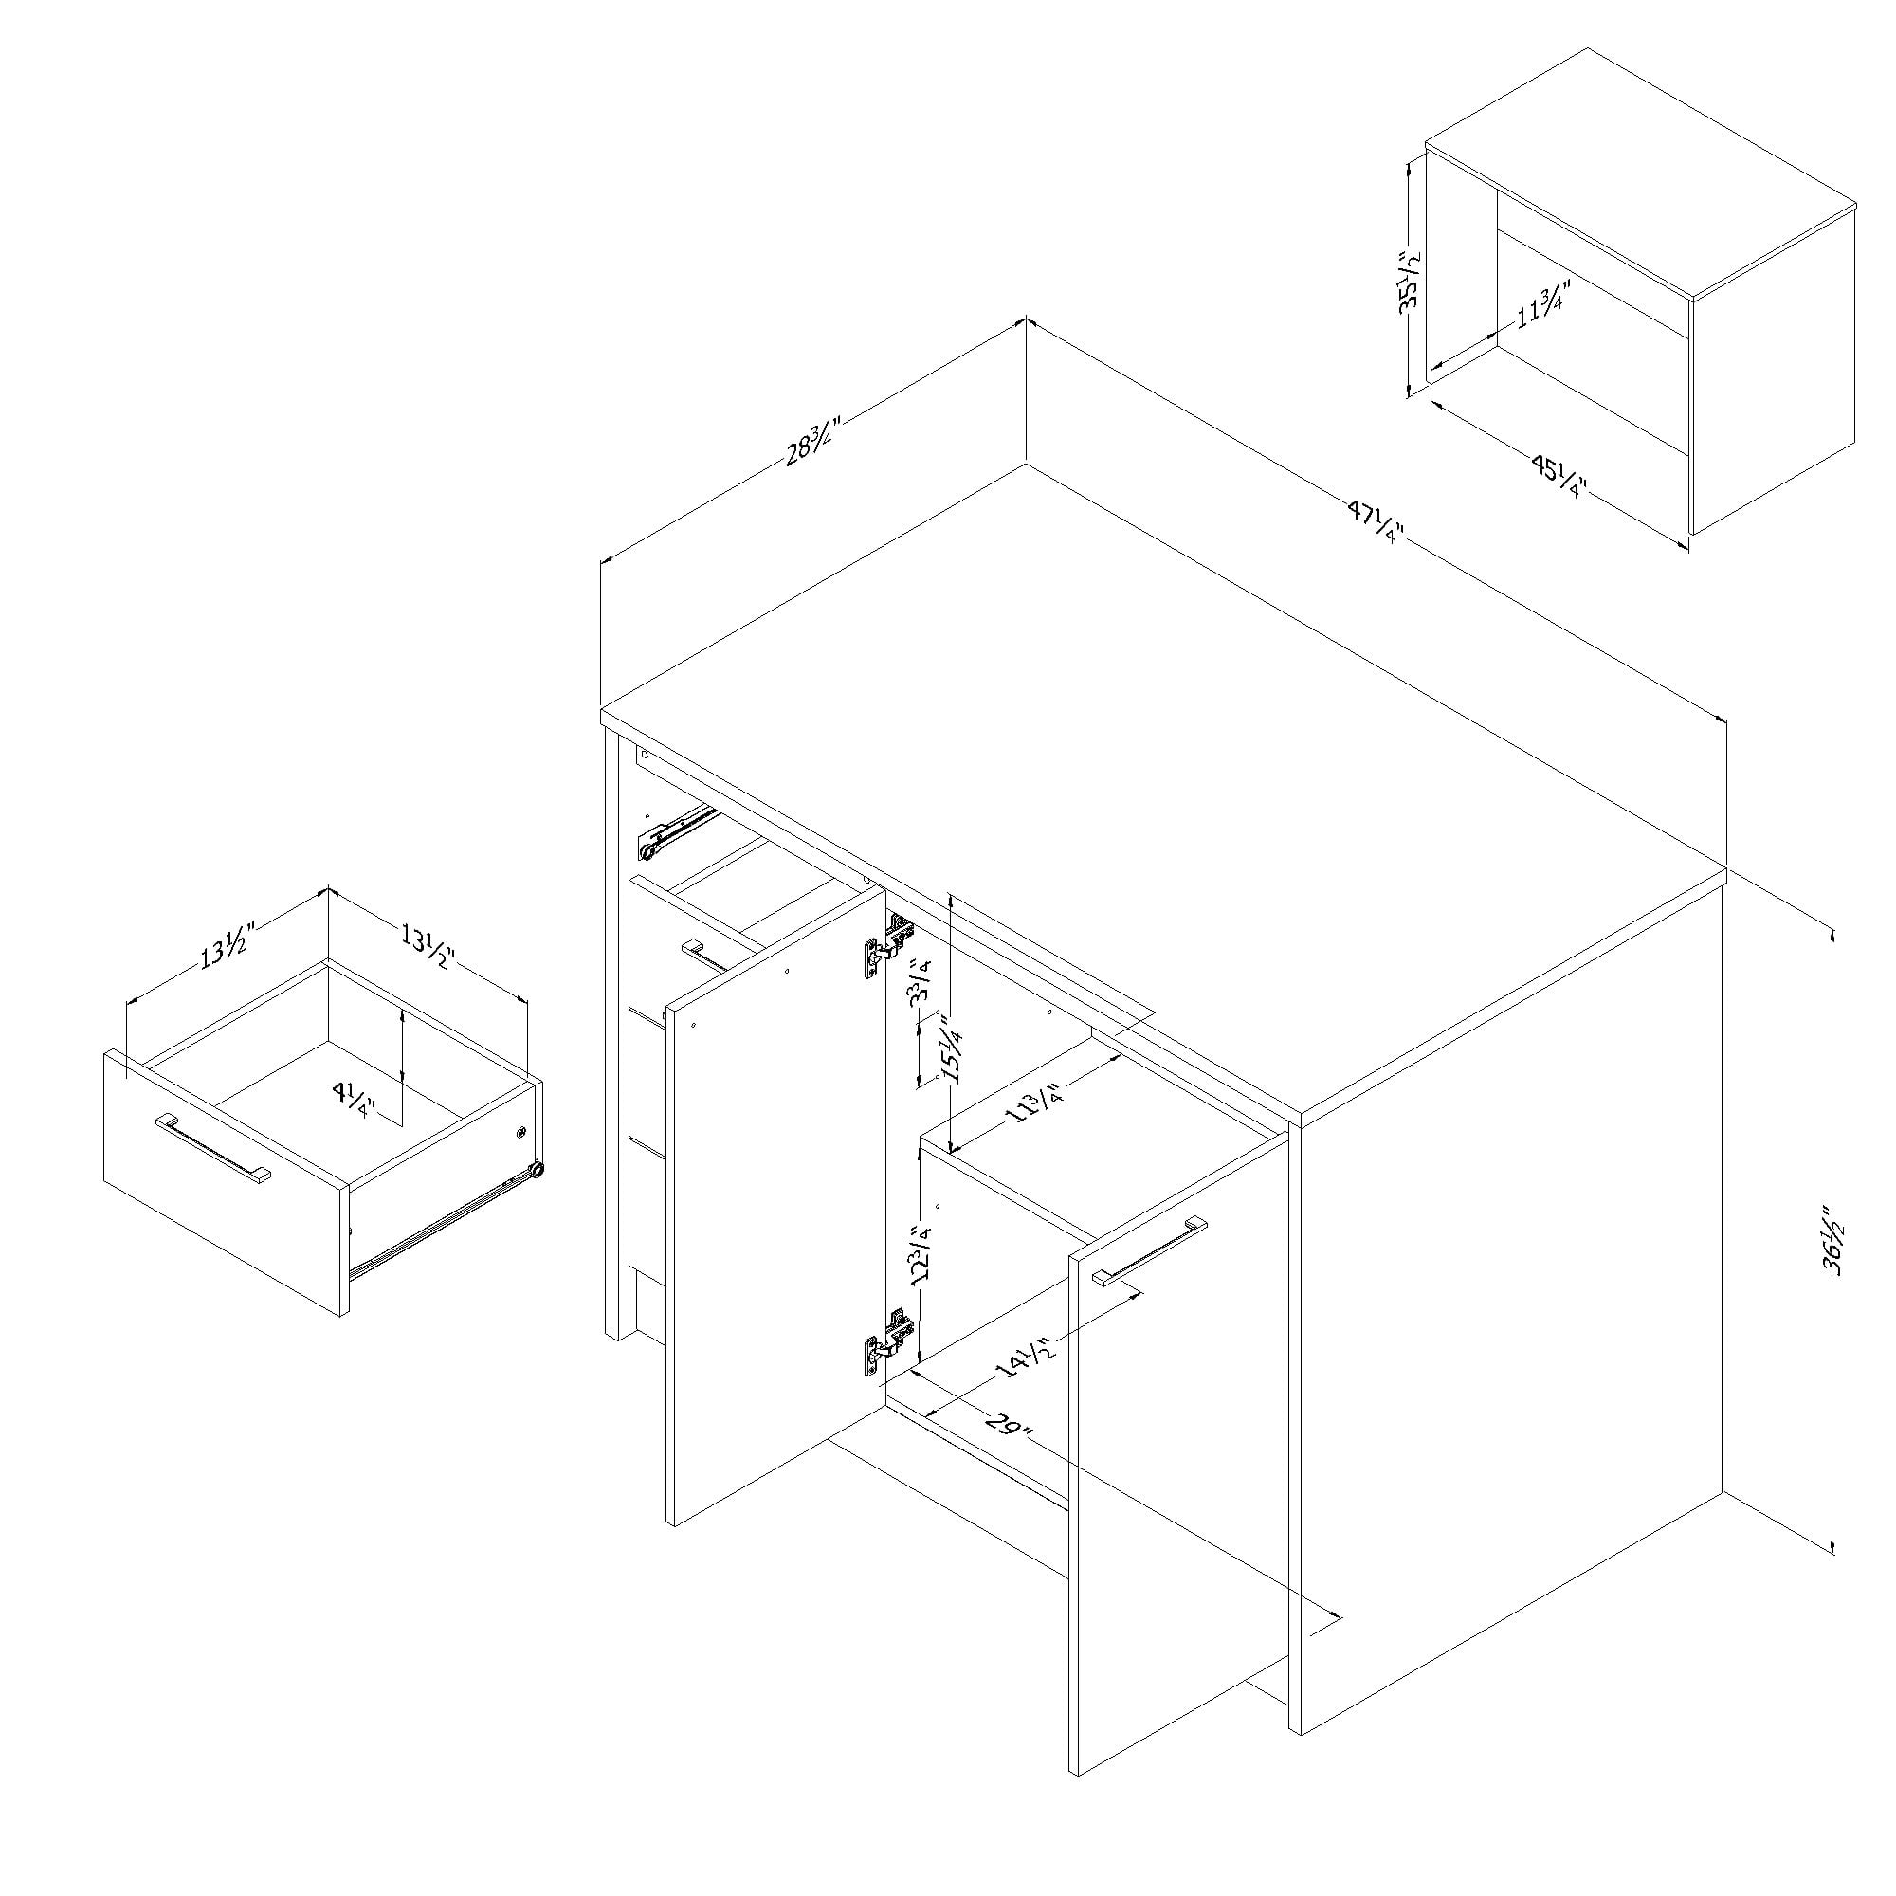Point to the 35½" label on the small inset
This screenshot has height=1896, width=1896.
click(1411, 280)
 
